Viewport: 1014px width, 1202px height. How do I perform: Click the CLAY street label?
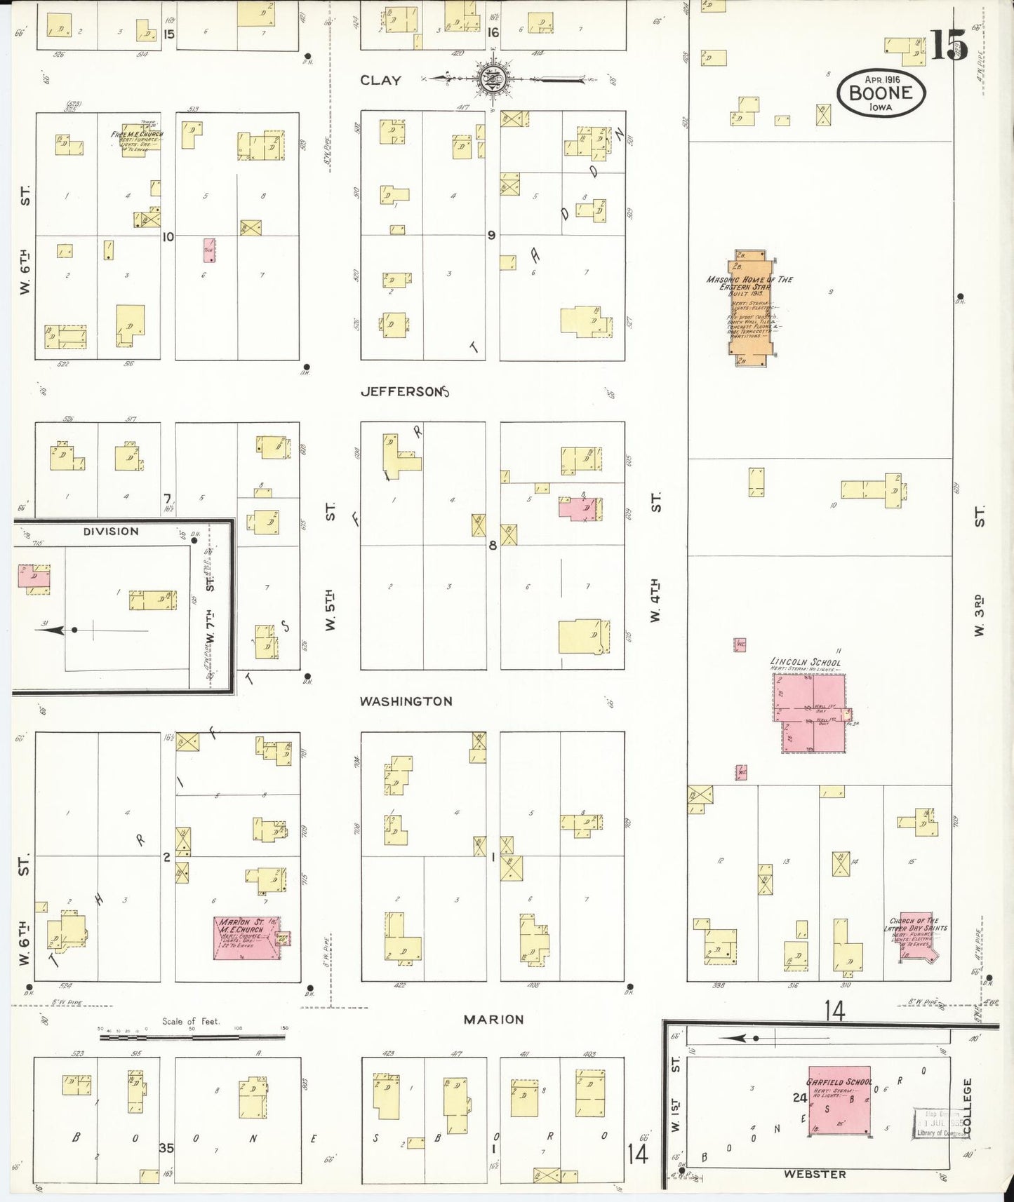[x=380, y=81]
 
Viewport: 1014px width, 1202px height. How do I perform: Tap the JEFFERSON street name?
[x=403, y=392]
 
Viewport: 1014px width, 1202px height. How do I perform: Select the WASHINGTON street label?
[x=406, y=701]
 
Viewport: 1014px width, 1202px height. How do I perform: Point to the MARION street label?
[x=493, y=1020]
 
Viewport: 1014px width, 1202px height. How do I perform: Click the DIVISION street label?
[x=111, y=532]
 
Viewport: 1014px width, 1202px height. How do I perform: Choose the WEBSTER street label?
[x=815, y=1173]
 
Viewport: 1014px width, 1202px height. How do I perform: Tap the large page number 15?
[x=949, y=47]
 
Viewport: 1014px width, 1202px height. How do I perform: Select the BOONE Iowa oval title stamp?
[x=881, y=92]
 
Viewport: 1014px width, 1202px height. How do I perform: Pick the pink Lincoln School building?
[x=812, y=713]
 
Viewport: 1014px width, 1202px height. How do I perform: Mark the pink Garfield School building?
[x=841, y=1100]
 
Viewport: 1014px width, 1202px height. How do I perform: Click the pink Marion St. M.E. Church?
[x=248, y=938]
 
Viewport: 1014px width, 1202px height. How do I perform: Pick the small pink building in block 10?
[x=209, y=250]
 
